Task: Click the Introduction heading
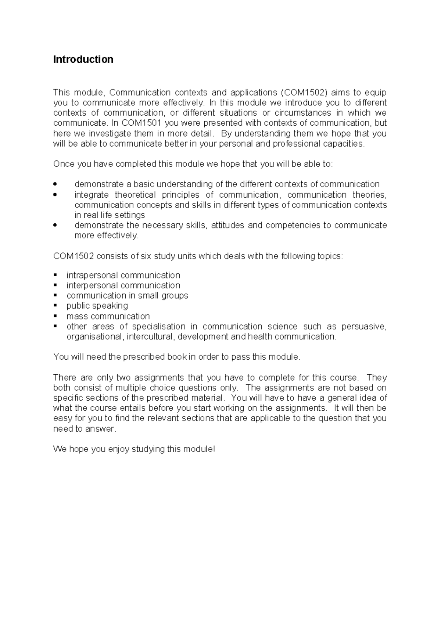(83, 60)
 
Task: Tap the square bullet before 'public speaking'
(55, 306)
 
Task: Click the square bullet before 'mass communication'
(55, 316)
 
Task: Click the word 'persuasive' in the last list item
(363, 327)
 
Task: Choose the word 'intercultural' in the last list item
(150, 337)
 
